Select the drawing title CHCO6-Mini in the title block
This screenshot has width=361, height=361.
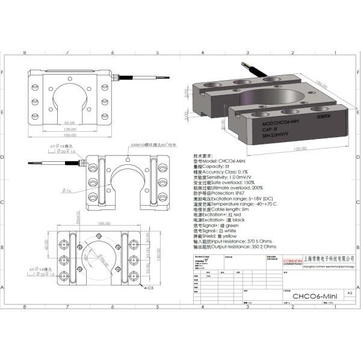click(313, 296)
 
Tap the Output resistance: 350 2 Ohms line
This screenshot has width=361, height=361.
click(229, 247)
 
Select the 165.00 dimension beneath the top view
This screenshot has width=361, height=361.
click(70, 135)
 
